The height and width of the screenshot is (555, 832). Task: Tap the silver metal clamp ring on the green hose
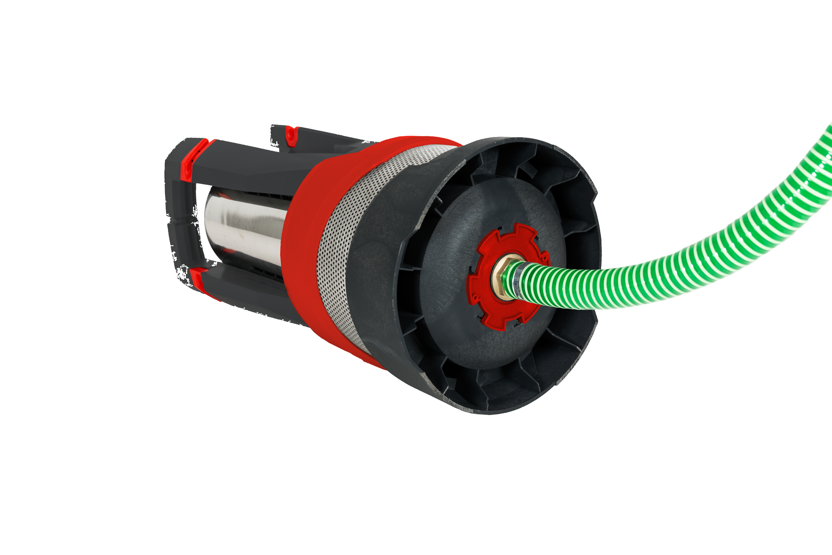[516, 279]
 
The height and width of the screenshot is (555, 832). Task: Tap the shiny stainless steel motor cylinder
[245, 229]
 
